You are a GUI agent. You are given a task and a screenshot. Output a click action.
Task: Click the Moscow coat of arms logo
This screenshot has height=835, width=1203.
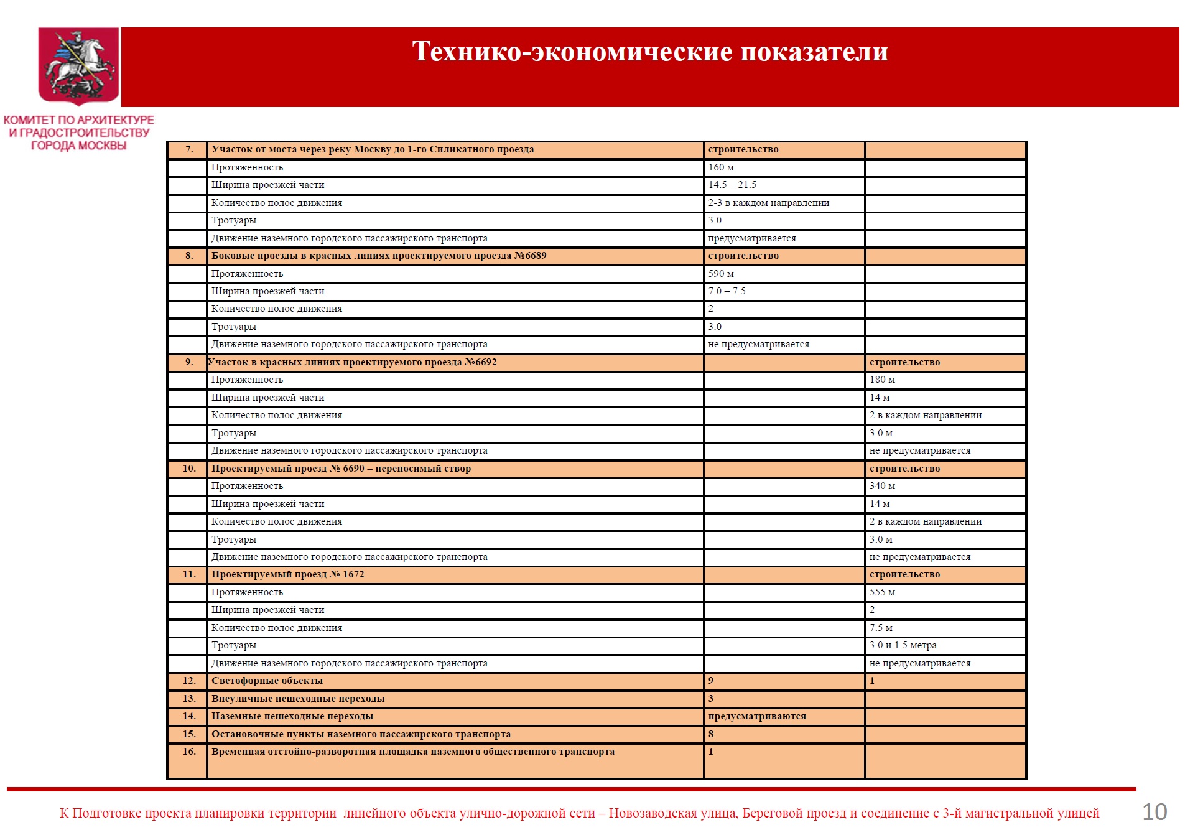[78, 65]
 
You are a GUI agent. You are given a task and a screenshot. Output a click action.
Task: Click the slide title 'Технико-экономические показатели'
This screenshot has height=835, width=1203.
[649, 52]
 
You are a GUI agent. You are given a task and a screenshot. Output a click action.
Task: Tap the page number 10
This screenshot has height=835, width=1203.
[1154, 812]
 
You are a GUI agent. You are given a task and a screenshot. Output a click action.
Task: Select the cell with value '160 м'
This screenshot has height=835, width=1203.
[721, 167]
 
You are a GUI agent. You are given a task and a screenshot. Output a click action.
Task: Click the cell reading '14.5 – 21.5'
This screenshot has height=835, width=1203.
[732, 185]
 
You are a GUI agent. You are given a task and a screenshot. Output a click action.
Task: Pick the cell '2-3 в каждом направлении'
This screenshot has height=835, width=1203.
[768, 203]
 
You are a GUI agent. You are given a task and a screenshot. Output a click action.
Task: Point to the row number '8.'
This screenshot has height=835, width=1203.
[189, 256]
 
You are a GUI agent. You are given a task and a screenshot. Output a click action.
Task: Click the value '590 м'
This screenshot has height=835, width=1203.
[721, 274]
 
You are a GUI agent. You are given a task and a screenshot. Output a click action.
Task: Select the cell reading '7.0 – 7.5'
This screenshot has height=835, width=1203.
[727, 291]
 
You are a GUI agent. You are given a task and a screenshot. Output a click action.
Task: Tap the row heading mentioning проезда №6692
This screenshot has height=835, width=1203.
[352, 362]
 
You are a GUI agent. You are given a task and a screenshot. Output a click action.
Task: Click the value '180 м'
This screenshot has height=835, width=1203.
[882, 380]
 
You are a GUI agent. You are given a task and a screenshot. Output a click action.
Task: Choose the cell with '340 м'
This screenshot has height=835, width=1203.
[882, 486]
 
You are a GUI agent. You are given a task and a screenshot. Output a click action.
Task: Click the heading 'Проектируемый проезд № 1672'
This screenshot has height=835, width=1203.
[287, 574]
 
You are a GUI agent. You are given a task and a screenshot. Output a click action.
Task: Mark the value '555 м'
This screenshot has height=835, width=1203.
[882, 592]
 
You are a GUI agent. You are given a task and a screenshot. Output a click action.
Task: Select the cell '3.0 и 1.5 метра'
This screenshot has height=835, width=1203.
[903, 645]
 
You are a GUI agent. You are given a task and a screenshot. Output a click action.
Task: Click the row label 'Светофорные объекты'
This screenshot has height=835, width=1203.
[267, 681]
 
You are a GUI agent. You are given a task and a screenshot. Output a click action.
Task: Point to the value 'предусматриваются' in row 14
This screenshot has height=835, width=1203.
[756, 716]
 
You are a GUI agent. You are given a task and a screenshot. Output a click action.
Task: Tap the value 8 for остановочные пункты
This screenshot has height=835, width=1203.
[711, 734]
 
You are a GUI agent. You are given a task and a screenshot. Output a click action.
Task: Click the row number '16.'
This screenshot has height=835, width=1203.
[189, 752]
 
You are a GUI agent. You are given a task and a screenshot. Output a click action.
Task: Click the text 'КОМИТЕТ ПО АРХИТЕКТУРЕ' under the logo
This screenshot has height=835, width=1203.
[79, 120]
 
